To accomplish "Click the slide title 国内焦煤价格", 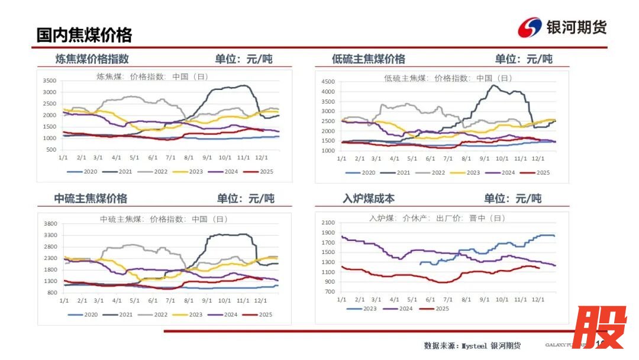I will pos(84,35).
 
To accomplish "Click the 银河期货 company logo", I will pos(562,27).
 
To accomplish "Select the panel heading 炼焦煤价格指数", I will pos(92,59).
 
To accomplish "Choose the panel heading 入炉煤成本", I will pos(369,198).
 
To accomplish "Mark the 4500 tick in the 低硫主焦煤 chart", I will pos(327,81).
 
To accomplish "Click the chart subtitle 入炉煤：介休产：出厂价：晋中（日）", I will pos(437,218).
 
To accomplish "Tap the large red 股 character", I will pos(599,327).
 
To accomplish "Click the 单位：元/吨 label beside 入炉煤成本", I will pos(512,198).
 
